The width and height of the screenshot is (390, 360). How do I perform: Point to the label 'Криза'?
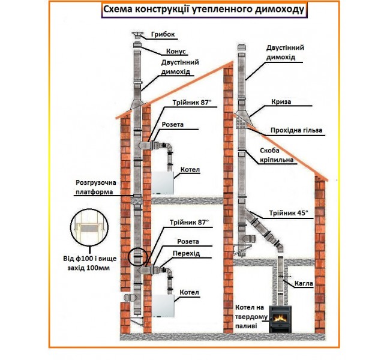pos(280,102)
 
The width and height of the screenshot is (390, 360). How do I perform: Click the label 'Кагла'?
pos(305,281)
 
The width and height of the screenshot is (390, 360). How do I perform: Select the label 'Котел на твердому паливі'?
pos(247,317)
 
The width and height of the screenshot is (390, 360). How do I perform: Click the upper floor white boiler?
pos(161,182)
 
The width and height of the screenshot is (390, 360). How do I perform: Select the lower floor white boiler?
pos(162,305)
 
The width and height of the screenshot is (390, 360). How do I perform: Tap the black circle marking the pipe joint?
pos(137,256)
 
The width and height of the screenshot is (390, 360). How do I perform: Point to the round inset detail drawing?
pos(88,229)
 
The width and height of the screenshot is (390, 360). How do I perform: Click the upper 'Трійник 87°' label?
pos(191,103)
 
